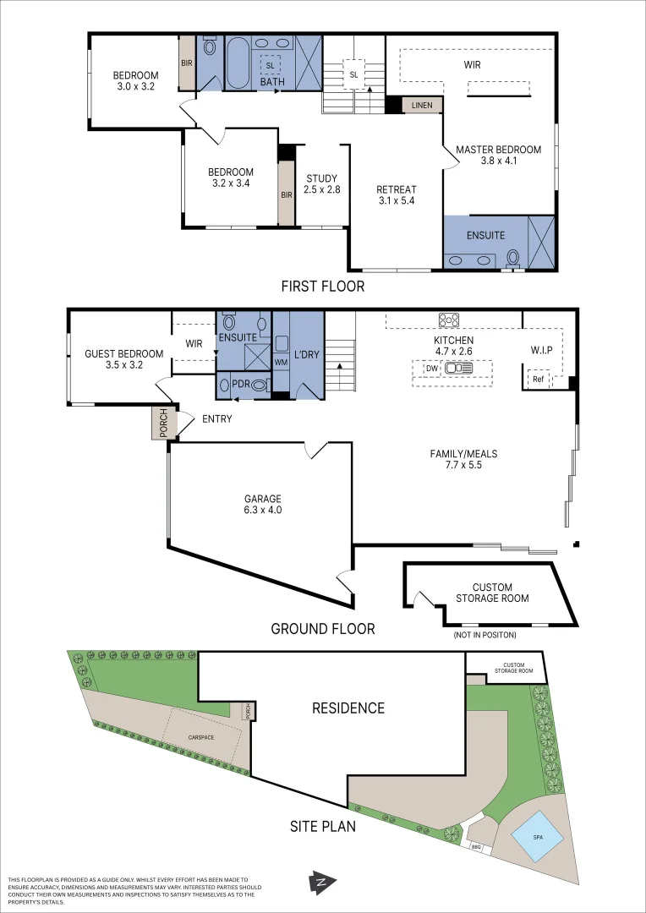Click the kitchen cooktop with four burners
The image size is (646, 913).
[x=449, y=320]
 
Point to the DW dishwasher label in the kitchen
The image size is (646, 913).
[x=431, y=368]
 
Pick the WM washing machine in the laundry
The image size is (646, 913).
[x=281, y=362]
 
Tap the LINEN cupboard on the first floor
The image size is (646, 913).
[x=422, y=105]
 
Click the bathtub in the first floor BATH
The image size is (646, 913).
[x=238, y=63]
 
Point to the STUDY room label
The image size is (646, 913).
[x=321, y=178]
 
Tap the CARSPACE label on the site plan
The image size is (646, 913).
[x=201, y=737]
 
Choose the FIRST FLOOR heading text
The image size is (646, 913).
[x=323, y=286]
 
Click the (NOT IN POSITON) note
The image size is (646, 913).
[x=484, y=635]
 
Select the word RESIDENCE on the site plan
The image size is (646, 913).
[x=348, y=708]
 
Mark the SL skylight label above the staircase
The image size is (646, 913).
[x=354, y=74]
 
